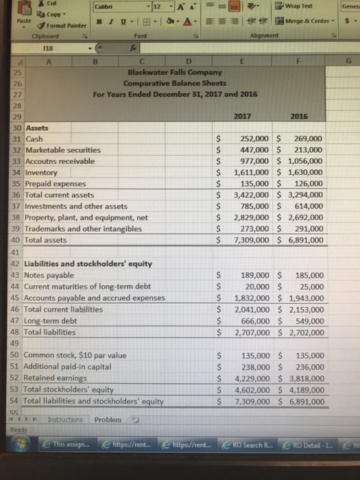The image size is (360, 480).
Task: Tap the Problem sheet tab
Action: pos(108,420)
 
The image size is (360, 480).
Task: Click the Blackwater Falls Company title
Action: pos(173,72)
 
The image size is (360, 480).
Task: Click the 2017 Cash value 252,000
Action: pos(252,139)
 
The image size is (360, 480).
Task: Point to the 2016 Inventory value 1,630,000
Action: pos(307,173)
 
